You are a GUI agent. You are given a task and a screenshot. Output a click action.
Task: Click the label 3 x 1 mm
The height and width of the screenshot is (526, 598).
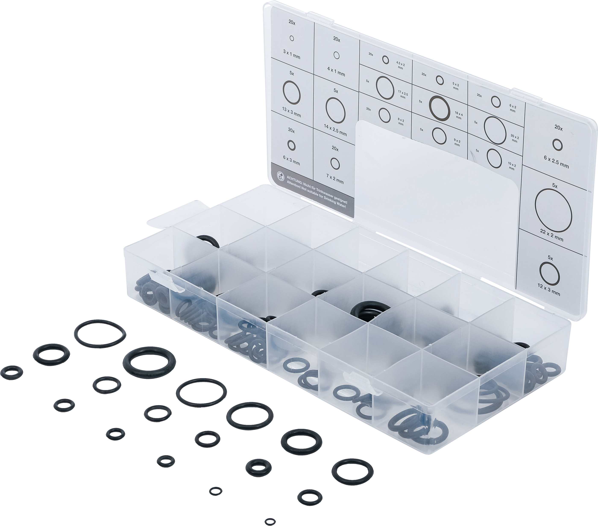291,55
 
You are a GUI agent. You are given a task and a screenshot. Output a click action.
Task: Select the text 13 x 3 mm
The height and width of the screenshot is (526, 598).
291,113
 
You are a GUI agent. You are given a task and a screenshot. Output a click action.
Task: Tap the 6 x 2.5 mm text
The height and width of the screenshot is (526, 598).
556,163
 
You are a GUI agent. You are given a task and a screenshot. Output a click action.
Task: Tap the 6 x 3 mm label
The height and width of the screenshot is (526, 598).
291,160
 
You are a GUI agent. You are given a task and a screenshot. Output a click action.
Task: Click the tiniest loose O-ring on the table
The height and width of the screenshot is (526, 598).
270,521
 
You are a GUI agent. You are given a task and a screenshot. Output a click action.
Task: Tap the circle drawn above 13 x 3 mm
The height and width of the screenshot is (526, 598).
292,91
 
